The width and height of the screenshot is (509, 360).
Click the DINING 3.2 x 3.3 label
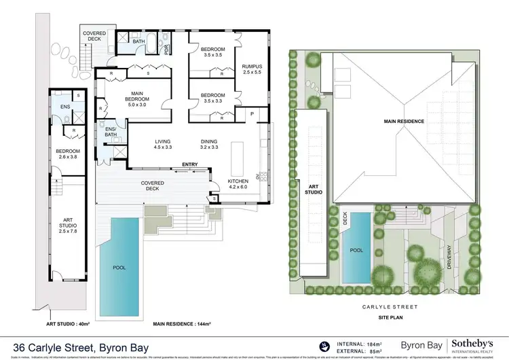(209, 144)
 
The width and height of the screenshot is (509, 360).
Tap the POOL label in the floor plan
(119, 268)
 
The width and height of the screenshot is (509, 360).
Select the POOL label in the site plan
(357, 250)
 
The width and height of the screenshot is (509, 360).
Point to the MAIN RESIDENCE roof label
(405, 121)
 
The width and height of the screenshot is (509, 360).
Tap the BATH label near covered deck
(138, 41)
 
